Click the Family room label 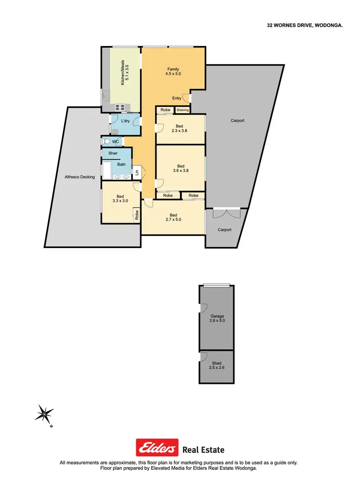pyautogui.click(x=173, y=71)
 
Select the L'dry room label pyautogui.click(x=125, y=121)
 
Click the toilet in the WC pyautogui.click(x=106, y=142)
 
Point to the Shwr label pyautogui.click(x=113, y=154)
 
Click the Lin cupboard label pyautogui.click(x=137, y=172)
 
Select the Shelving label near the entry pyautogui.click(x=182, y=110)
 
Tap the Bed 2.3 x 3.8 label pyautogui.click(x=180, y=129)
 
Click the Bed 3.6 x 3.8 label pyautogui.click(x=180, y=168)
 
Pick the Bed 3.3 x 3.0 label pyautogui.click(x=120, y=199)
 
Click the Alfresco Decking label pyautogui.click(x=80, y=177)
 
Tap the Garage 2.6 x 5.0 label pyautogui.click(x=217, y=318)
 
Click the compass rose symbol pyautogui.click(x=44, y=413)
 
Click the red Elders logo pyautogui.click(x=157, y=448)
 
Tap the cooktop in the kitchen pyautogui.click(x=119, y=107)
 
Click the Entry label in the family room pyautogui.click(x=177, y=98)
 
